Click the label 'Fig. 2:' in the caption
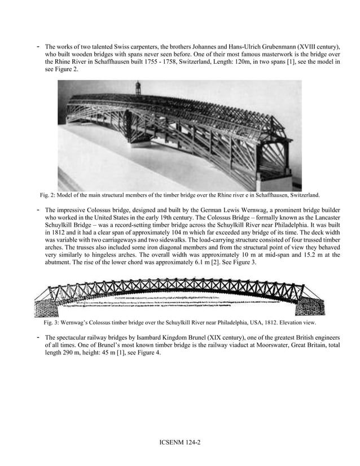49,196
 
